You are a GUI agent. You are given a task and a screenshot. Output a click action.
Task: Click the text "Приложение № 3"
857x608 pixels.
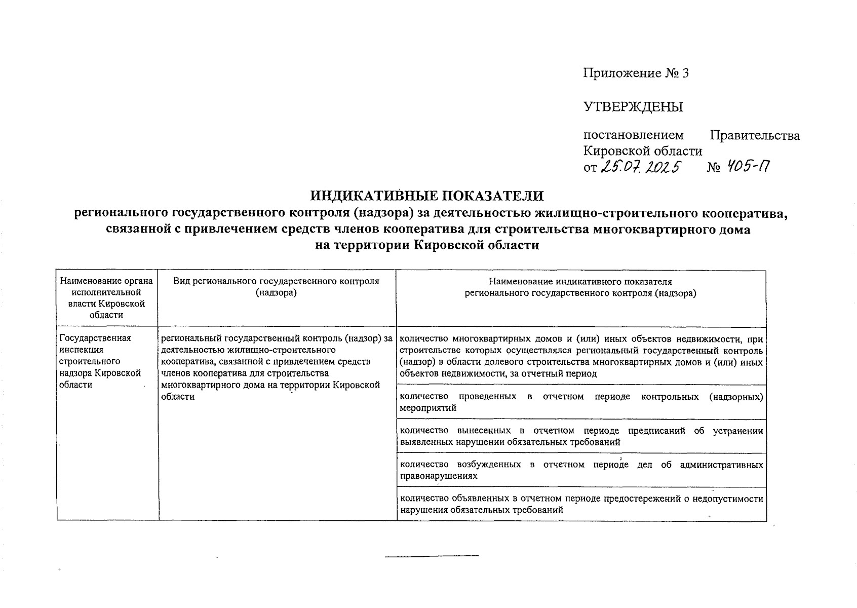636,73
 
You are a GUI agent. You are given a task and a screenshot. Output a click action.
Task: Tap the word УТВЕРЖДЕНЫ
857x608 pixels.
633,107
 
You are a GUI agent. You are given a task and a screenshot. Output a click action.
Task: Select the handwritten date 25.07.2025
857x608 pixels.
641,167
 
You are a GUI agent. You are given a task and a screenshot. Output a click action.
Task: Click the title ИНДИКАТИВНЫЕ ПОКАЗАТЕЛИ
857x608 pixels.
427,196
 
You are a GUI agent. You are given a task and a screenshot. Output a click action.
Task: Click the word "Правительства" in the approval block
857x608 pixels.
755,135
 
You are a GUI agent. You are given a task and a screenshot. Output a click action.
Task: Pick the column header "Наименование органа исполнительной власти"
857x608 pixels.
106,298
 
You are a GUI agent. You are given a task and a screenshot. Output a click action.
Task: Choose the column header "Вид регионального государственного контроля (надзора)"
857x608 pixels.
276,287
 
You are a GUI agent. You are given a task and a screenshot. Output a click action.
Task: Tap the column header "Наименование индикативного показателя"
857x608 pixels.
580,287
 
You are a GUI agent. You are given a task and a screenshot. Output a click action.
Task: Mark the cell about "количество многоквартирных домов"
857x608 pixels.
581,356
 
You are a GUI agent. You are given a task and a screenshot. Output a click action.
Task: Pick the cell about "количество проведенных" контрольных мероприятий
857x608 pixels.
581,402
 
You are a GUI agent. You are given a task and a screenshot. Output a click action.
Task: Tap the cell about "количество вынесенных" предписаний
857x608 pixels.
581,436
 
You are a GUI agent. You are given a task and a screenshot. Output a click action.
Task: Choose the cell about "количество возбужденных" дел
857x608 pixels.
581,470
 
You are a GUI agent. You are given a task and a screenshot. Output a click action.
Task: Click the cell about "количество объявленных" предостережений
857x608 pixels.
581,504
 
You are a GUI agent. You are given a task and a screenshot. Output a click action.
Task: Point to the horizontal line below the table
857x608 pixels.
432,557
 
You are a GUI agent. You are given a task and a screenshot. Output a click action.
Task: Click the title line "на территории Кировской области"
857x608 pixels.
427,245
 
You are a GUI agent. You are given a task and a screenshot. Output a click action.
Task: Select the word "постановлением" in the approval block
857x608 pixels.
633,135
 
